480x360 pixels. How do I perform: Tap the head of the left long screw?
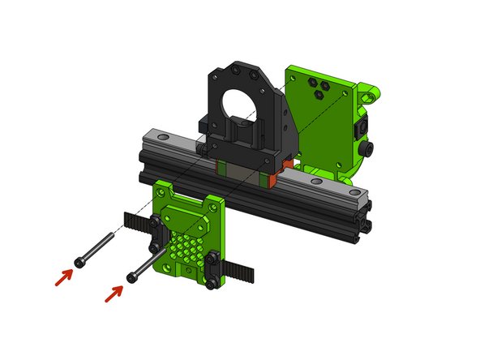click(79, 262)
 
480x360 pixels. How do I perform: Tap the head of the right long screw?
click(131, 277)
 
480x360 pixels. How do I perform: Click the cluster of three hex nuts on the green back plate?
click(319, 87)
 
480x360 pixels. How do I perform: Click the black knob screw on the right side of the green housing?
click(369, 151)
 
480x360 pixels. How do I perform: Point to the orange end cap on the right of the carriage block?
click(277, 174)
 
